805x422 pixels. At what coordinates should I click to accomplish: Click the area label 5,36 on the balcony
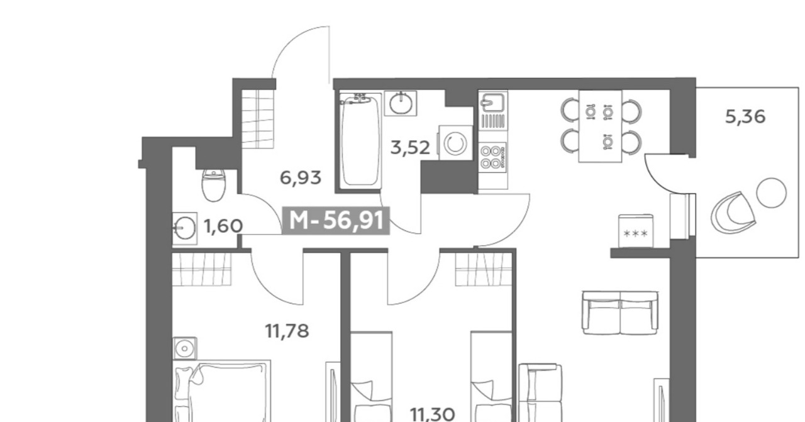(745, 117)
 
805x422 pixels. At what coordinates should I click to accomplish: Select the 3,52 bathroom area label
(410, 148)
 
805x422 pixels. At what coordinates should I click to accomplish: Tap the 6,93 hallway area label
(301, 178)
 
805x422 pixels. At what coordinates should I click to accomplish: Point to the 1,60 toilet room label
(223, 226)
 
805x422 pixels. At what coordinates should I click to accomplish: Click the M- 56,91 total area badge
(336, 220)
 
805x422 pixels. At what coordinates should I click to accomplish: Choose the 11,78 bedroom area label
(287, 331)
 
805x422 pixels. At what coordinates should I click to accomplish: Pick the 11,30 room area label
(432, 414)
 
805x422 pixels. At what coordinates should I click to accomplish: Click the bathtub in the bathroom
(360, 140)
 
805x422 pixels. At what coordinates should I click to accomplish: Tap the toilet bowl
(213, 185)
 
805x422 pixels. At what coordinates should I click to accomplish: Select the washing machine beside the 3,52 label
(455, 143)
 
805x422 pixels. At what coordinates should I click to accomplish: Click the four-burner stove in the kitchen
(492, 157)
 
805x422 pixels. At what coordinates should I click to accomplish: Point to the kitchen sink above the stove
(493, 103)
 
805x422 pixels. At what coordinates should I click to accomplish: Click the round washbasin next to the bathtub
(401, 103)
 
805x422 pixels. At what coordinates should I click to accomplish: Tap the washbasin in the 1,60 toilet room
(185, 228)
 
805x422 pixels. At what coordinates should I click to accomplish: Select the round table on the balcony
(771, 192)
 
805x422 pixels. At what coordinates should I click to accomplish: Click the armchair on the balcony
(733, 213)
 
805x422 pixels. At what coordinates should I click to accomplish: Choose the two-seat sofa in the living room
(620, 313)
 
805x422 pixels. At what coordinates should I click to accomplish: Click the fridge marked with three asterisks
(636, 231)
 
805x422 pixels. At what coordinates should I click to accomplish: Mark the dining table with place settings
(600, 126)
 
